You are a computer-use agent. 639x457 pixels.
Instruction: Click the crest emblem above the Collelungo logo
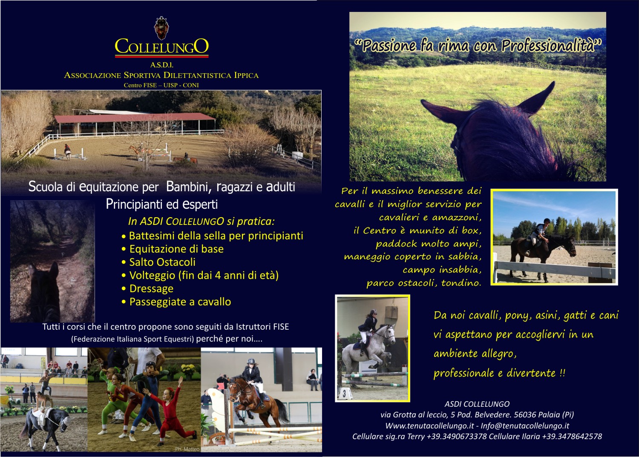pos(161,27)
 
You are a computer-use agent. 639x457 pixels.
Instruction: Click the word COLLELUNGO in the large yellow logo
pos(162,46)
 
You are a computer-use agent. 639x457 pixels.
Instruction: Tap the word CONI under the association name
pos(191,85)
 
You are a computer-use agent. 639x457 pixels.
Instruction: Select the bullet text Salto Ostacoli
pos(162,262)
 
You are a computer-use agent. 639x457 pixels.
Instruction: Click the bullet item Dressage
pos(152,289)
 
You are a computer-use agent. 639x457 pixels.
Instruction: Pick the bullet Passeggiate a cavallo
pos(180,302)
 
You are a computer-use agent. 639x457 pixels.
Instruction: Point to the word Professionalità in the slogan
pos(551,46)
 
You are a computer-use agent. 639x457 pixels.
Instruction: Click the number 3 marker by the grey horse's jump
pos(344,394)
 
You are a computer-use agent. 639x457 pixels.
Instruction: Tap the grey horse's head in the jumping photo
pos(389,332)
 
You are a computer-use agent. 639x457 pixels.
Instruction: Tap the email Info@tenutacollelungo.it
pos(525,425)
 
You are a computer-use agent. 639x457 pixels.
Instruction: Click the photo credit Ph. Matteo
pos(187,449)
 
